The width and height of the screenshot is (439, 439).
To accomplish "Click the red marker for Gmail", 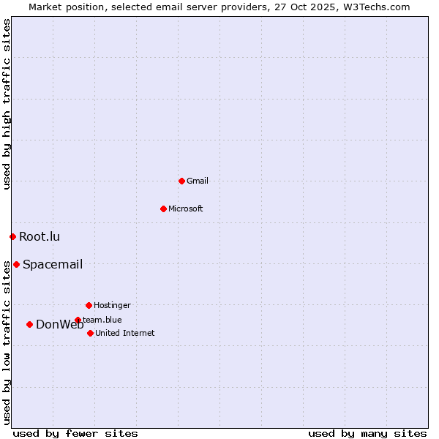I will click(x=181, y=181).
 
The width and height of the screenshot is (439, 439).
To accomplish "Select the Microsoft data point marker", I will click(x=163, y=209).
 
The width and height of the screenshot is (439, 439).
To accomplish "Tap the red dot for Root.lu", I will click(x=12, y=236).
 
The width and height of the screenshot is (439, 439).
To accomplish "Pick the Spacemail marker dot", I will click(x=16, y=264).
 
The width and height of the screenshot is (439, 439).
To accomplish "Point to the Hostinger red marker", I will click(x=89, y=305).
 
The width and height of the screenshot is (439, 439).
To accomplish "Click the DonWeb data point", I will click(x=29, y=324).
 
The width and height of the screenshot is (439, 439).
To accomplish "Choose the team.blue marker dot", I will click(x=78, y=320).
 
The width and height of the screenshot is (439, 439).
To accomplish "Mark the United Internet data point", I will click(x=90, y=333).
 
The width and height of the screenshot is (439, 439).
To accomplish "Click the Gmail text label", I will click(x=198, y=181).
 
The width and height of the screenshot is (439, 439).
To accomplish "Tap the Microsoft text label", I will click(x=186, y=209).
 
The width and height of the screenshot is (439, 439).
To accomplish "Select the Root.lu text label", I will click(x=40, y=236).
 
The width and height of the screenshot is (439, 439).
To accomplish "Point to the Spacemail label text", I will click(x=53, y=264).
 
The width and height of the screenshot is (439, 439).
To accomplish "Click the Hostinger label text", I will click(x=112, y=305).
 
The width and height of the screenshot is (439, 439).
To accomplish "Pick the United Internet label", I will click(x=125, y=333).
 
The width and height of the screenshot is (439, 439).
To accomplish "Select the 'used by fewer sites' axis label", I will click(x=75, y=433).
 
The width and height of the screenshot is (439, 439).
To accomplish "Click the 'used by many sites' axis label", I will click(x=367, y=433).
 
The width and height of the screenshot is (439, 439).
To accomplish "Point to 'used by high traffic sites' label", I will click(x=7, y=104).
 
